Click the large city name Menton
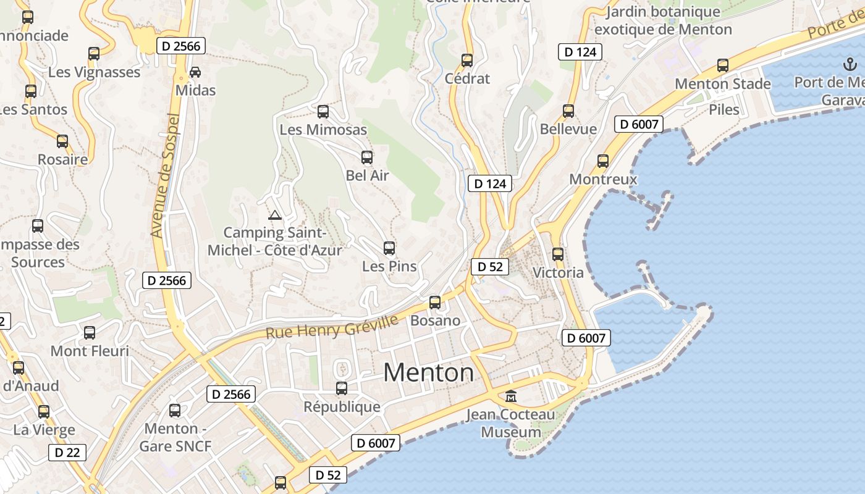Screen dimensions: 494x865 tap(429, 372)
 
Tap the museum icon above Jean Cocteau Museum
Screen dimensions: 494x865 tap(511, 396)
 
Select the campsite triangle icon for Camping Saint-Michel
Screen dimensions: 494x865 tap(275, 215)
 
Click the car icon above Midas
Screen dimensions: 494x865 tap(195, 72)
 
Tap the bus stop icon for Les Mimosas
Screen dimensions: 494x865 tap(323, 112)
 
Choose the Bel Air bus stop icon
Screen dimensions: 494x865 tap(367, 157)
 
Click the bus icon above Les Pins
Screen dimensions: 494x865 tap(389, 248)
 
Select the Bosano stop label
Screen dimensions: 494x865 tap(436, 320)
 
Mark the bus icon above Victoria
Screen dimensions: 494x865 tap(558, 254)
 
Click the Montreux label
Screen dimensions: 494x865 tap(603, 179)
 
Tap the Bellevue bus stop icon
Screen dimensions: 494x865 tap(568, 111)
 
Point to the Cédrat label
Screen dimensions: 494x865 tap(467, 78)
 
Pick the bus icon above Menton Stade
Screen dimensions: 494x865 tap(723, 65)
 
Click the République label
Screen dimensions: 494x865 tap(342, 407)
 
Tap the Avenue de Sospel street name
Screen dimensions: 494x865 tap(165, 176)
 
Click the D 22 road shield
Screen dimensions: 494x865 tap(67, 453)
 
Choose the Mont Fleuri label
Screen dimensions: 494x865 tap(90, 351)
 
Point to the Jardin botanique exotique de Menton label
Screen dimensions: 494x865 tap(663, 20)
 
